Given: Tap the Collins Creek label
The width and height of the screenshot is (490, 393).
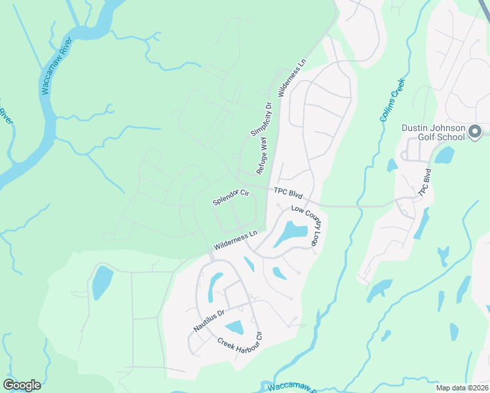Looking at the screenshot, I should click(x=393, y=100).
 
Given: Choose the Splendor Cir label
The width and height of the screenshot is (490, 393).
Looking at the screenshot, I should click(x=231, y=197).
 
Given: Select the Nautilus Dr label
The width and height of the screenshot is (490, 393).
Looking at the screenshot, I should click(x=209, y=320).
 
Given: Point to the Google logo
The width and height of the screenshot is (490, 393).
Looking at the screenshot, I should click(x=22, y=385).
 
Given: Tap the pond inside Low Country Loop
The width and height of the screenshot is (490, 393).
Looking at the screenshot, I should click(x=291, y=233).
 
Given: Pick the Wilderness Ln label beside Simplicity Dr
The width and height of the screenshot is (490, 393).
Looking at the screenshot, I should click(x=292, y=79).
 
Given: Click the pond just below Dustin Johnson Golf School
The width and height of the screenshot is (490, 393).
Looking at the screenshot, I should click(x=444, y=155).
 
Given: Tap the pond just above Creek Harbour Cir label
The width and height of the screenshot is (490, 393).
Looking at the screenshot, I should click(x=234, y=327).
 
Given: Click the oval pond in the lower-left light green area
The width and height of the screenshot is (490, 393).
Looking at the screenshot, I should click(x=102, y=282).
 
